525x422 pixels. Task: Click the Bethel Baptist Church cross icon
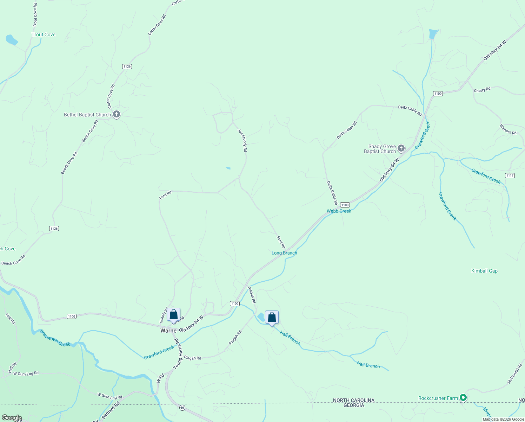click(117, 114)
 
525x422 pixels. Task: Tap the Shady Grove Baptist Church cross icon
click(401, 148)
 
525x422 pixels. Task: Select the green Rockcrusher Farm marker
click(463, 398)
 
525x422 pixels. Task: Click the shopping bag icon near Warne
click(173, 314)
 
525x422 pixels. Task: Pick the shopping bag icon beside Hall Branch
click(272, 317)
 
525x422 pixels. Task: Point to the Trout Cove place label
click(44, 34)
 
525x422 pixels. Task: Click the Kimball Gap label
click(484, 271)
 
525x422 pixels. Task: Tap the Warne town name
click(168, 331)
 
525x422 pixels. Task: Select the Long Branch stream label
click(284, 253)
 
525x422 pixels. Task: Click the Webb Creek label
click(339, 211)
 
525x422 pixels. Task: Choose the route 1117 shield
click(510, 175)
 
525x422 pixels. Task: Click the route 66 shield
click(182, 408)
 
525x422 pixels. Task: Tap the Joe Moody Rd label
click(242, 141)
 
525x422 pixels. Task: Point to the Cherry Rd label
click(482, 90)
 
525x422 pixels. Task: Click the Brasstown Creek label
click(55, 338)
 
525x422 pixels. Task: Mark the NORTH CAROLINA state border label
click(354, 400)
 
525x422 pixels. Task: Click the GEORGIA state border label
click(354, 405)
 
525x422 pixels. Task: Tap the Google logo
click(12, 418)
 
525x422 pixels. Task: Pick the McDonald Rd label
click(514, 374)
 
